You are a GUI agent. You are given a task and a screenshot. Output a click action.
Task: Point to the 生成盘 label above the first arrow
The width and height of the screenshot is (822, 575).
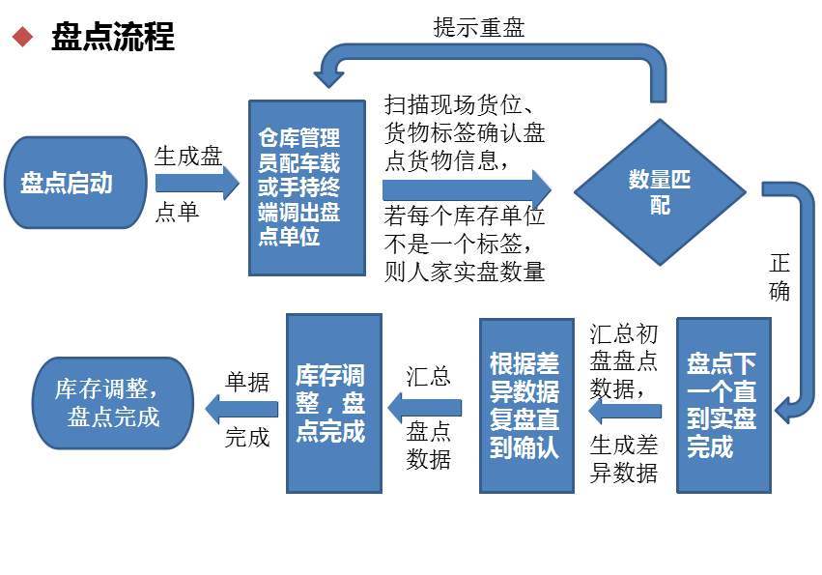coord(188,156)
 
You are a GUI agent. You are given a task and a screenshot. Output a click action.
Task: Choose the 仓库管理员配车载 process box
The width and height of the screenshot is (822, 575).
coord(306,187)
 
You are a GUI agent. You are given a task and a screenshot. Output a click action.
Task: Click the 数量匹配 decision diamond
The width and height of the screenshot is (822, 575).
coord(660,191)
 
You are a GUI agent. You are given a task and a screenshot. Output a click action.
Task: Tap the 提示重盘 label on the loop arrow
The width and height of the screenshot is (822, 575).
coord(479,27)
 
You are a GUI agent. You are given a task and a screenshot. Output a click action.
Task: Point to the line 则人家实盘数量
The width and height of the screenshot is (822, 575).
coord(465,270)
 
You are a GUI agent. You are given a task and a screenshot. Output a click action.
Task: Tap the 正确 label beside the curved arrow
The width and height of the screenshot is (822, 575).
coord(779,276)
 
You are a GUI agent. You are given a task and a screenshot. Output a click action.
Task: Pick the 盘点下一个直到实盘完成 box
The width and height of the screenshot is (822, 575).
coord(723,405)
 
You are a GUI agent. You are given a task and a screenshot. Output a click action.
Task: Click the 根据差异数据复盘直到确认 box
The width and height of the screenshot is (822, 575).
coord(525,405)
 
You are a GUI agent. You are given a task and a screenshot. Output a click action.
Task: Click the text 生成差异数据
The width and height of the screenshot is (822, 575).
coord(624,459)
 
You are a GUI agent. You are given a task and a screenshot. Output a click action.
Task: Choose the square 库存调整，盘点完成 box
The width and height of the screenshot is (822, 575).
coord(330,403)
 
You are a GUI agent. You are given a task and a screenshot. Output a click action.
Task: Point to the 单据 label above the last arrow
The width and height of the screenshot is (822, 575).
coord(247,381)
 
